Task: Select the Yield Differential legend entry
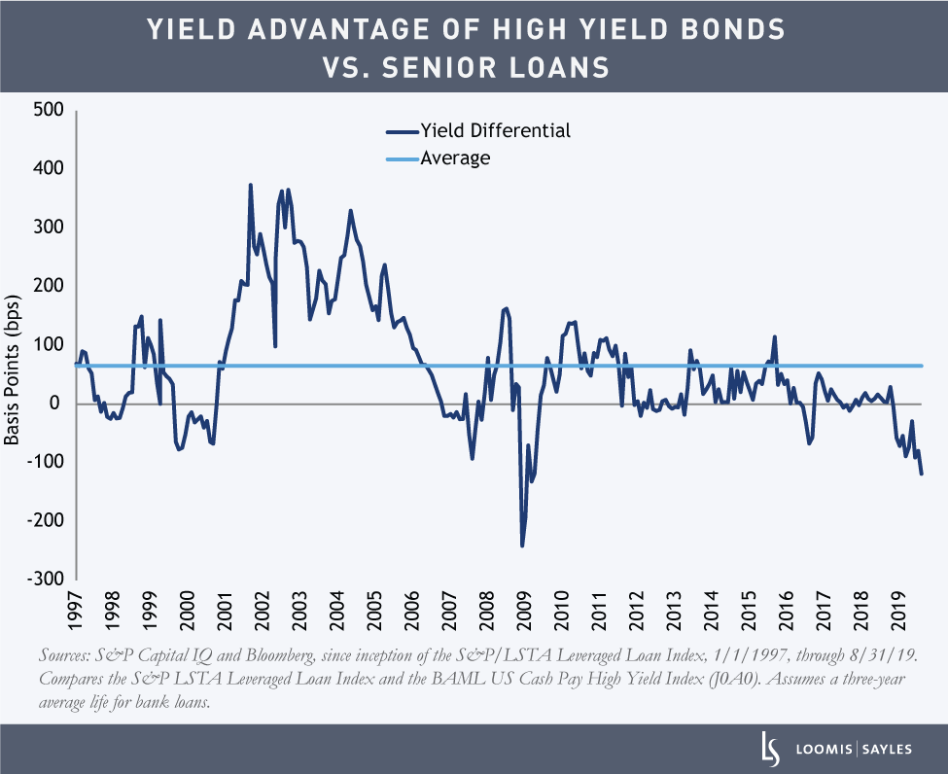(494, 130)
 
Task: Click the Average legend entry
(454, 158)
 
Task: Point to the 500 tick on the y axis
(48, 110)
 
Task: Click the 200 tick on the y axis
(48, 286)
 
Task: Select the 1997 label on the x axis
(76, 610)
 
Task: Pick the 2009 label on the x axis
(523, 610)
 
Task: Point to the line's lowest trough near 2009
(522, 545)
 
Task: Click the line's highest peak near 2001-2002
(250, 185)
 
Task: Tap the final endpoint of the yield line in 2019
(922, 474)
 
